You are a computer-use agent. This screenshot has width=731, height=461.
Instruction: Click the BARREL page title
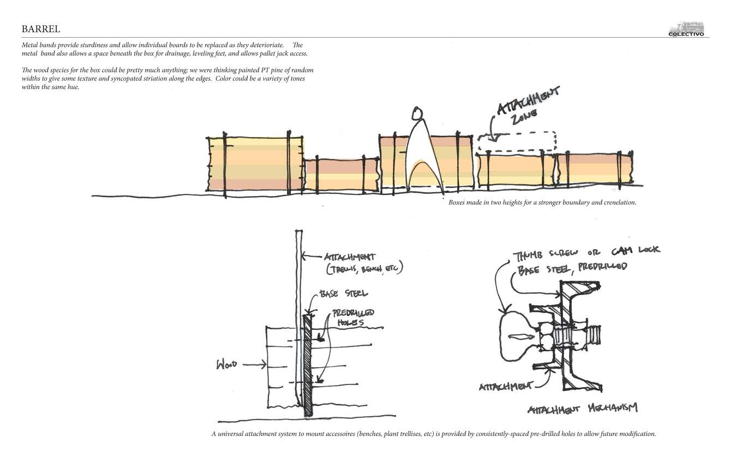tap(41, 28)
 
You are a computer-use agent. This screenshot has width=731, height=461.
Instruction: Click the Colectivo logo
tap(686, 29)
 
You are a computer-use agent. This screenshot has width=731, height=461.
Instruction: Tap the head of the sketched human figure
tap(417, 114)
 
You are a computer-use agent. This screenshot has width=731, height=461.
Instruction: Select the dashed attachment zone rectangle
tap(517, 141)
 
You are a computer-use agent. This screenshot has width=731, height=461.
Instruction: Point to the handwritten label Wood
tap(227, 364)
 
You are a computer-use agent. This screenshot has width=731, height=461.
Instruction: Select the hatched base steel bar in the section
tap(308, 366)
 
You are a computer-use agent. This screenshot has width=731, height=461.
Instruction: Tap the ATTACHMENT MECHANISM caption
tap(583, 409)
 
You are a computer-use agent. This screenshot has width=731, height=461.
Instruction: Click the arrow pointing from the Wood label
tap(255, 364)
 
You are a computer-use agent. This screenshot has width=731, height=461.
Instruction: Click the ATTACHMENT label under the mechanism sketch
tap(505, 387)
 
